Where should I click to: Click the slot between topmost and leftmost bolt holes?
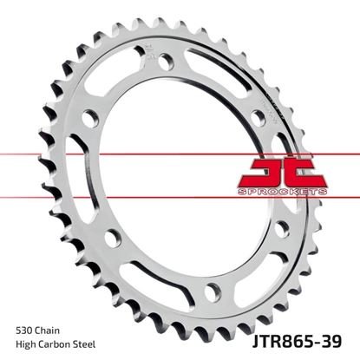pyautogui.click(x=130, y=86)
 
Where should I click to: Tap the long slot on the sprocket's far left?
pyautogui.click(x=84, y=187)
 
